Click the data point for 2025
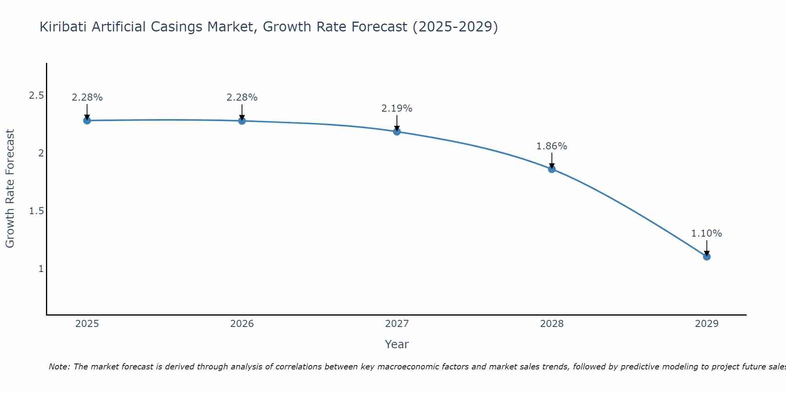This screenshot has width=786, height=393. pyautogui.click(x=87, y=120)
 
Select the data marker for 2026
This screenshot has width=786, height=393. pyautogui.click(x=242, y=121)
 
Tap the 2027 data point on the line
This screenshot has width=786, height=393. pyautogui.click(x=397, y=131)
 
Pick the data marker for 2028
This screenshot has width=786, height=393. pyautogui.click(x=552, y=169)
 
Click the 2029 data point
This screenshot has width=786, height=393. pyautogui.click(x=707, y=257)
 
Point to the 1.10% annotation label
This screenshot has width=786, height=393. pyautogui.click(x=707, y=233)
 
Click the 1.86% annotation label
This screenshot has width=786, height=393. pyautogui.click(x=552, y=146)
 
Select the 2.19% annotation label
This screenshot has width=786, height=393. pyautogui.click(x=397, y=108)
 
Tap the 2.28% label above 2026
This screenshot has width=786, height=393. pyautogui.click(x=242, y=97)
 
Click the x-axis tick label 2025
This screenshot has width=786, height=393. pyautogui.click(x=87, y=324)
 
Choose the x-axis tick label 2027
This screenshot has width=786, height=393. pyautogui.click(x=397, y=324)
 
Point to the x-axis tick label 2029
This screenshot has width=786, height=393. pyautogui.click(x=707, y=324)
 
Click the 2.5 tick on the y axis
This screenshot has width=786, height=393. pyautogui.click(x=36, y=95)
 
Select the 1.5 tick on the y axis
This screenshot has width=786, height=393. pyautogui.click(x=36, y=211)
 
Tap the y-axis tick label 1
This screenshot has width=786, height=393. pyautogui.click(x=41, y=269)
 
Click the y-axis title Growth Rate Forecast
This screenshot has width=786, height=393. pyautogui.click(x=10, y=189)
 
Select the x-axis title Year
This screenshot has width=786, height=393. pyautogui.click(x=397, y=344)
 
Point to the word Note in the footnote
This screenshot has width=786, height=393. pyautogui.click(x=59, y=367)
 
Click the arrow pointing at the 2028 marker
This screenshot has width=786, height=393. pyautogui.click(x=552, y=160)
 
